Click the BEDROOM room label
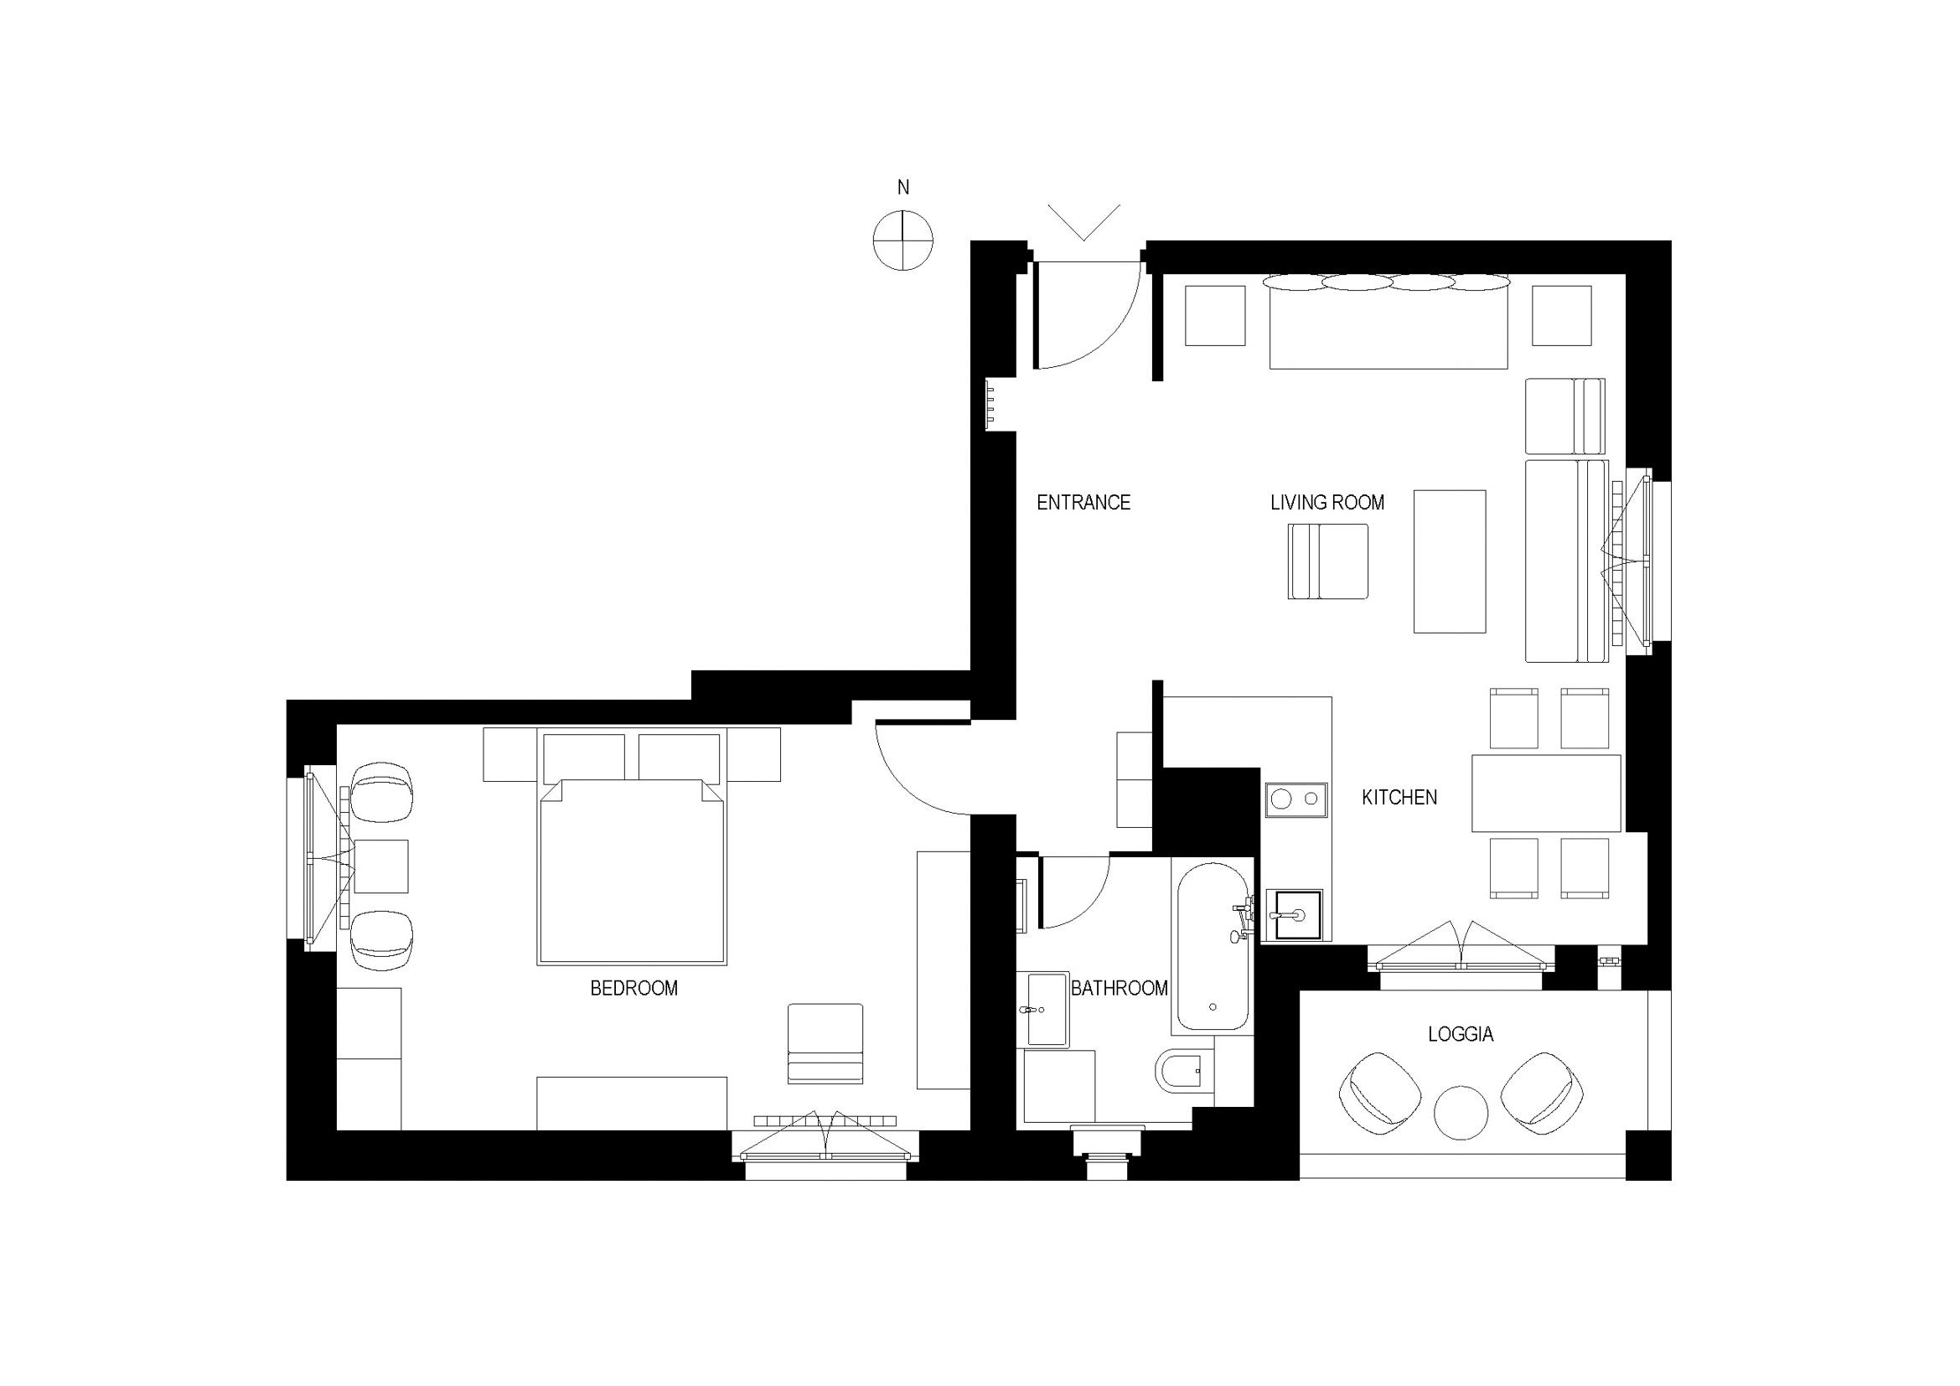point(634,988)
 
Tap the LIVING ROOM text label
point(1327,503)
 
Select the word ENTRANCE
point(1083,503)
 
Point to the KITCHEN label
point(1399,797)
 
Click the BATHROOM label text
point(1120,988)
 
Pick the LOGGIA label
point(1461,1034)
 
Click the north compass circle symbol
point(903,240)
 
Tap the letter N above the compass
point(903,187)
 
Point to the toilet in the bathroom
point(1184,1070)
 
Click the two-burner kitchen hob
point(1296,799)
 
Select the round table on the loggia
point(1461,1112)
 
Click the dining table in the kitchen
point(1546,793)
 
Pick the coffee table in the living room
point(1450,561)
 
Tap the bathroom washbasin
point(1047,1009)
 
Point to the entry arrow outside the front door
point(1084,222)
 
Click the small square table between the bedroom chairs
point(380,866)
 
